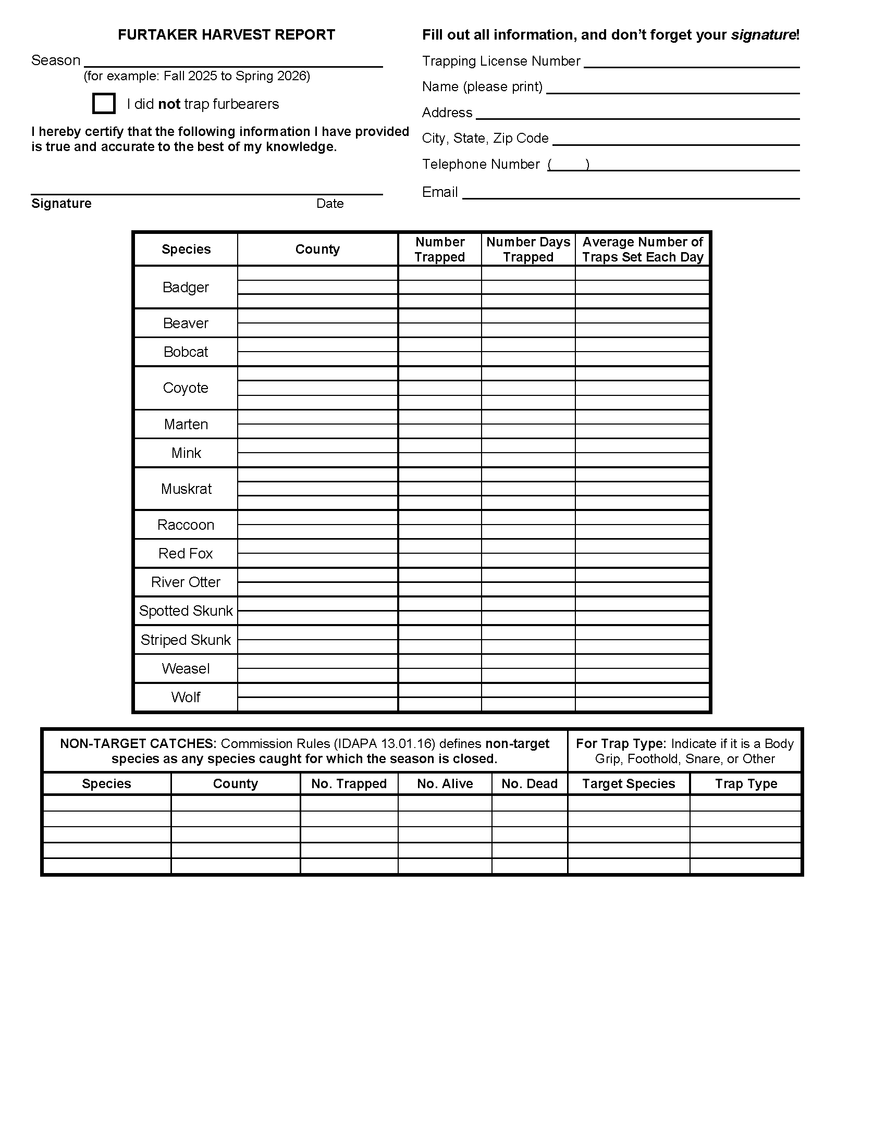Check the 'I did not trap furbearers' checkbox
[103, 103]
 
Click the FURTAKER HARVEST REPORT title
[226, 34]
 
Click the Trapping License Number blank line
[691, 62]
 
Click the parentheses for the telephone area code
[569, 165]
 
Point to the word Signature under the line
[61, 204]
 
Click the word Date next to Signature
[329, 204]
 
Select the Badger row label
[186, 287]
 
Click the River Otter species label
[186, 582]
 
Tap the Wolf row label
[186, 697]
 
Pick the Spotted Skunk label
[186, 611]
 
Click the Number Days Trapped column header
[528, 249]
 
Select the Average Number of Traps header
[643, 249]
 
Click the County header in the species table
[317, 249]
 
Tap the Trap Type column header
[745, 783]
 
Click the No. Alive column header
[445, 783]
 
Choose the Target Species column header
[629, 783]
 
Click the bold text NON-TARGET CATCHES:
[138, 743]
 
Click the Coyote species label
[186, 388]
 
